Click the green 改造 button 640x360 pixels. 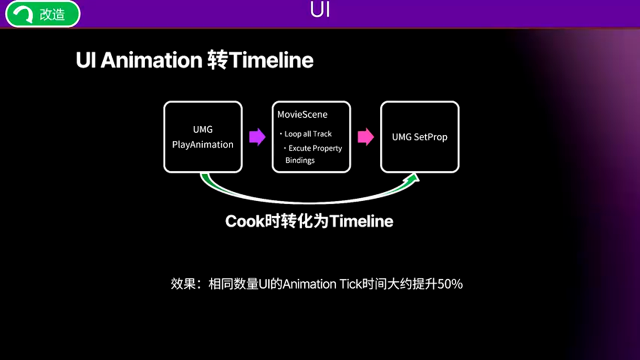coord(43,14)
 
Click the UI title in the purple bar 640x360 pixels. coord(320,10)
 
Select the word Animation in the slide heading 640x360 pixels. coord(151,60)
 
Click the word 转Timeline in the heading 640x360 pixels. coord(260,60)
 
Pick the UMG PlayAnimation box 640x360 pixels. coord(203,137)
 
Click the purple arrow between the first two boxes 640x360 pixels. coord(257,137)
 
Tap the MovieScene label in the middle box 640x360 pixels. coord(302,114)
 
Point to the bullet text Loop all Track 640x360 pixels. coord(308,134)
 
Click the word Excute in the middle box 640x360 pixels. coord(300,148)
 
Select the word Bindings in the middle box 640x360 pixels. coord(300,160)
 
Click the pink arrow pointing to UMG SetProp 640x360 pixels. coord(365,137)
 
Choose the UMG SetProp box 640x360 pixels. coord(419,137)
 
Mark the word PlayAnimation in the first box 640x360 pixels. coord(203,144)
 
